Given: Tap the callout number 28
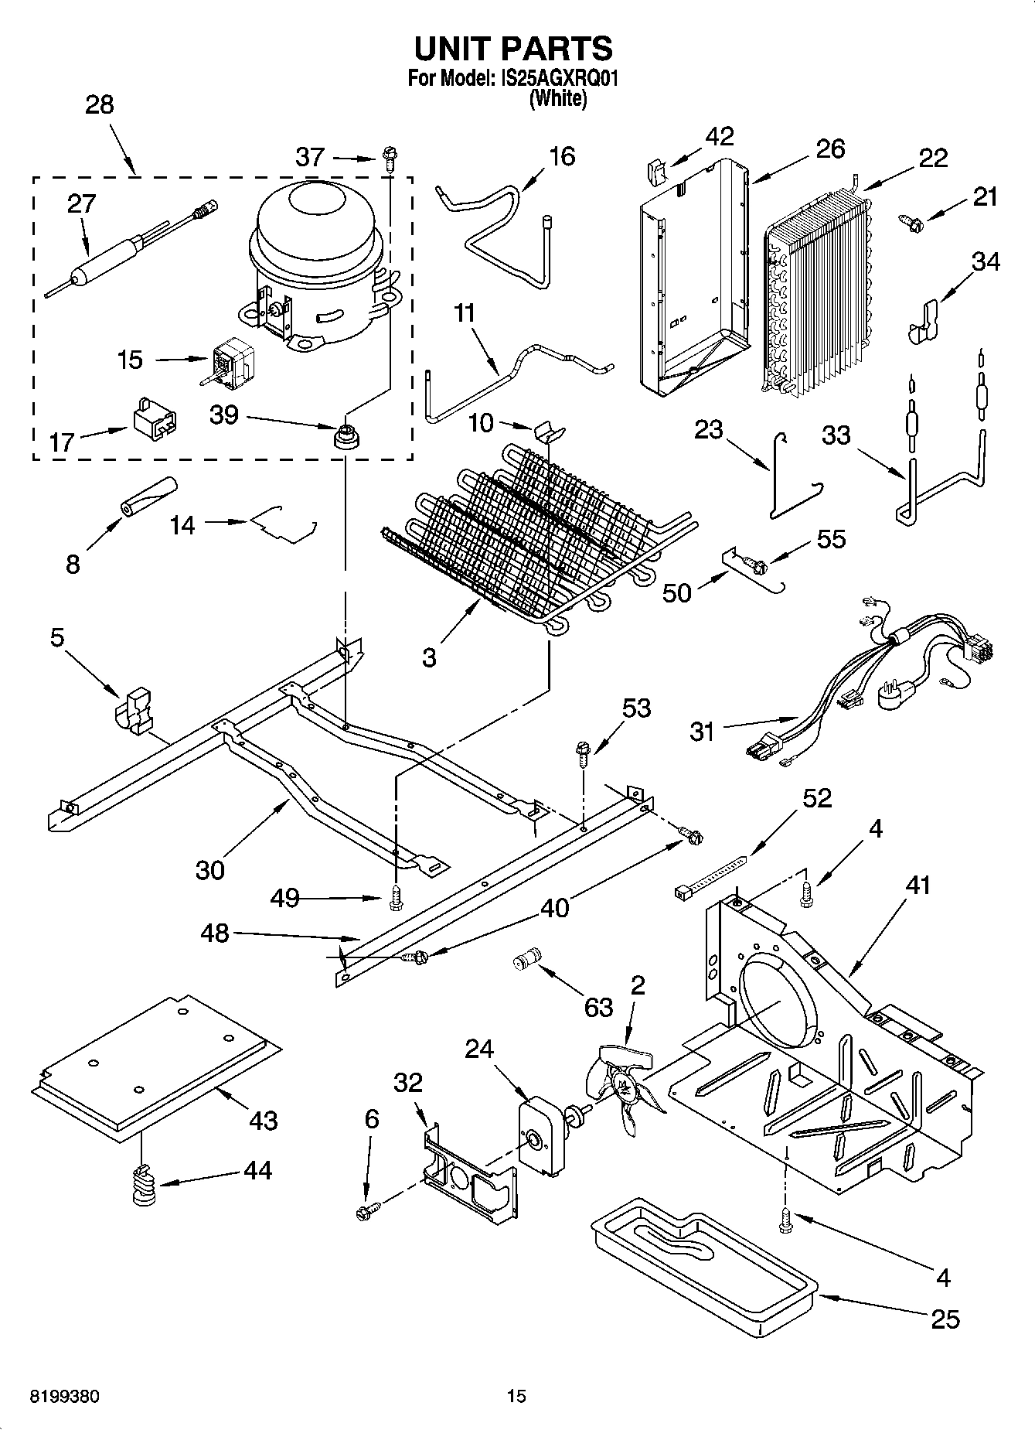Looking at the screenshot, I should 100,104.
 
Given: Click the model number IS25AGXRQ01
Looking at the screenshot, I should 556,79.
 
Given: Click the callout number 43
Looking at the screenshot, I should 263,1120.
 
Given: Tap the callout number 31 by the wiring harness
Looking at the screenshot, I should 702,731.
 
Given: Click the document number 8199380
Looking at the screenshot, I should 64,1397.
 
